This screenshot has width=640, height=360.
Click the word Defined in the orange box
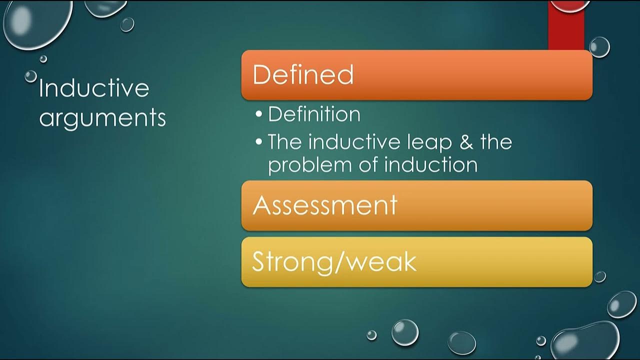(303, 74)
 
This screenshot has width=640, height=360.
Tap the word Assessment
(325, 205)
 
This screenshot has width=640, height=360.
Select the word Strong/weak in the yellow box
(334, 261)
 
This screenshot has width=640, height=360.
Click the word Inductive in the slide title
(94, 88)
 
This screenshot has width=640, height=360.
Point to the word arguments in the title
(102, 118)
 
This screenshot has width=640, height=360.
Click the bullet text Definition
(314, 114)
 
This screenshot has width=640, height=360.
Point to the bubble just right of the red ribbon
(599, 47)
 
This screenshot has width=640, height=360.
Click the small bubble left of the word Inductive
(31, 76)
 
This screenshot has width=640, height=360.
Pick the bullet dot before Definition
(258, 114)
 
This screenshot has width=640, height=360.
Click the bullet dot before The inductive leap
(258, 142)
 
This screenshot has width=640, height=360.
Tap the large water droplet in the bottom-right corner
(585, 340)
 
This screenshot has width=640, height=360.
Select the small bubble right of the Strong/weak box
(600, 276)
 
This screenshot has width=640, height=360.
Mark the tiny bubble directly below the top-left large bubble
(43, 58)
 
